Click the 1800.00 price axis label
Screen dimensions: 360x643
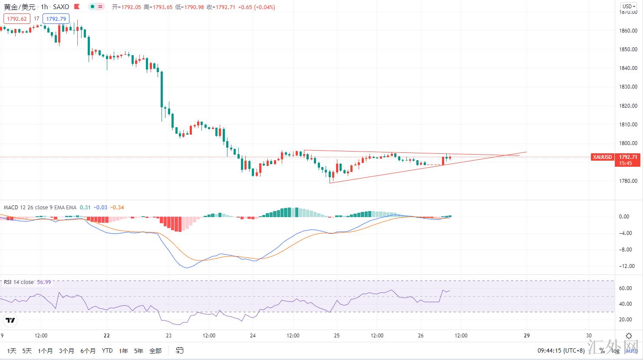[628, 143]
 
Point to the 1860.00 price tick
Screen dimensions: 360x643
[628, 31]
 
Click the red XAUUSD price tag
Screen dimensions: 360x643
[602, 157]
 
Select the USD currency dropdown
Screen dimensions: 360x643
[627, 7]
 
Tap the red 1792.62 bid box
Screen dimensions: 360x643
[17, 19]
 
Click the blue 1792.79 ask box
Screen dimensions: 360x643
[56, 19]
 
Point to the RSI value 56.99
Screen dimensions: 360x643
[44, 282]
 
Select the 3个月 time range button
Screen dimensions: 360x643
[66, 350]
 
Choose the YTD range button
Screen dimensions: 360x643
[107, 350]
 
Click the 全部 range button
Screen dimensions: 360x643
[155, 350]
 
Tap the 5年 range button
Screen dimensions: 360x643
[138, 350]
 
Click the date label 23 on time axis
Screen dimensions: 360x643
[169, 336]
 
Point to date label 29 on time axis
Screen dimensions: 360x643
[527, 336]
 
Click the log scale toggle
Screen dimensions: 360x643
[615, 350]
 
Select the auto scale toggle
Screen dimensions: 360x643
[631, 350]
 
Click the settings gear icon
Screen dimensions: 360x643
[628, 336]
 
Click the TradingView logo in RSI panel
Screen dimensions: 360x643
[10, 320]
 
